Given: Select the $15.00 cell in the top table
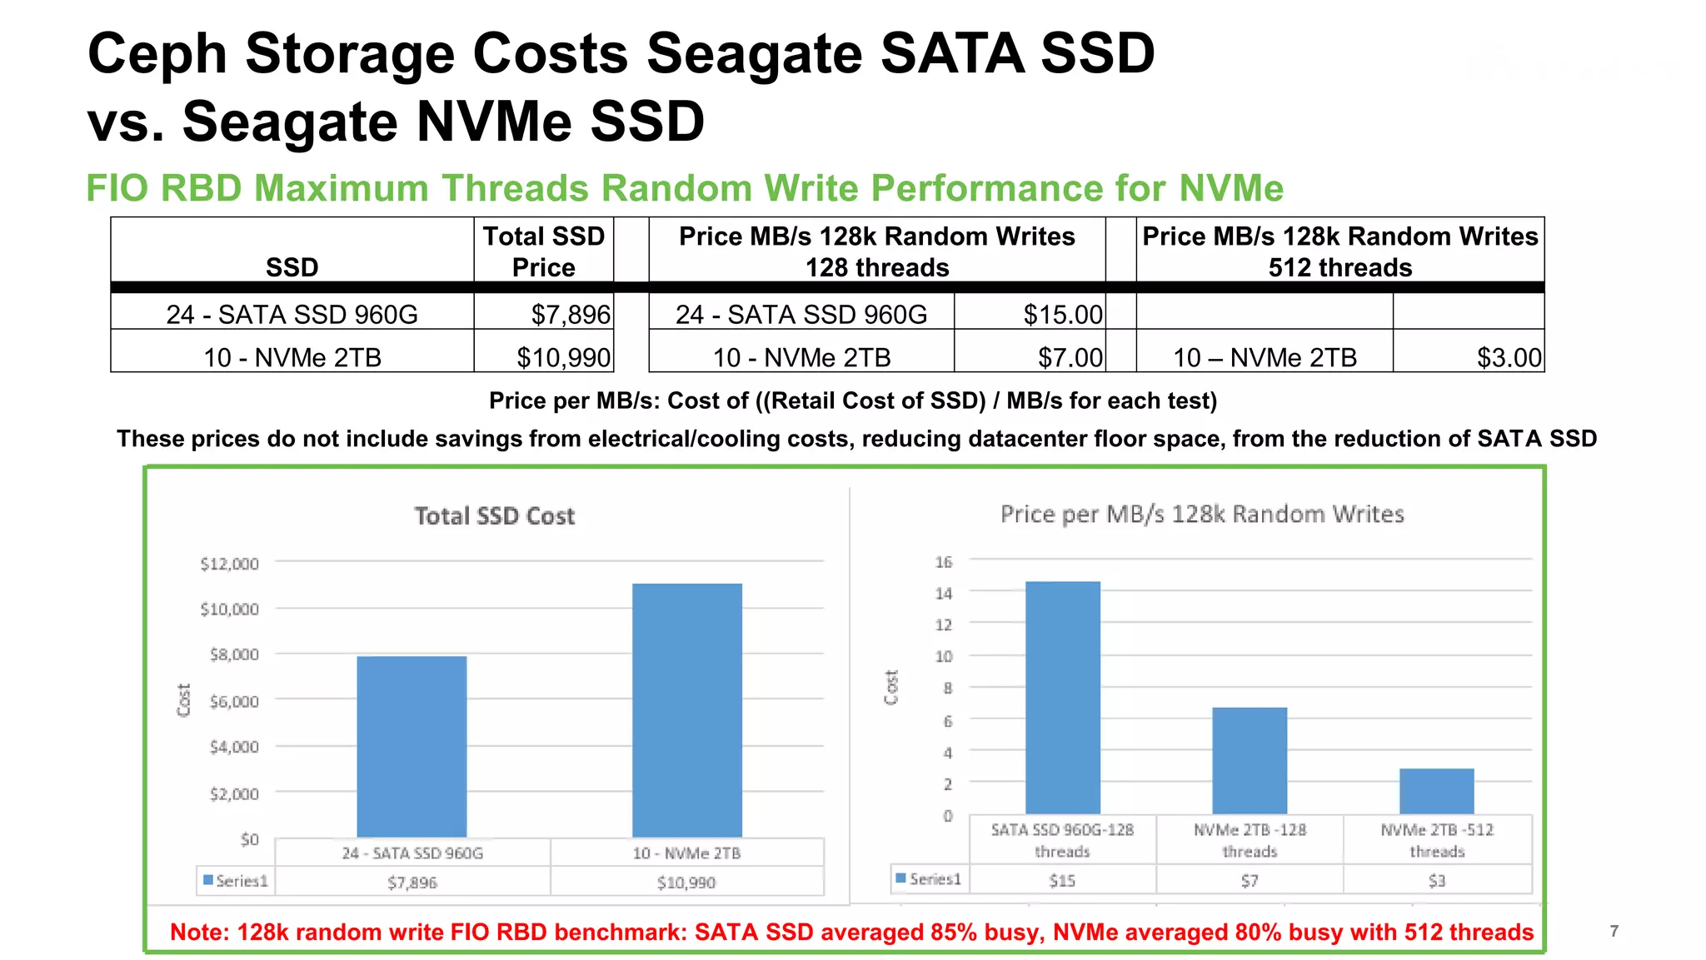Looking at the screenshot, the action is click(x=1062, y=315).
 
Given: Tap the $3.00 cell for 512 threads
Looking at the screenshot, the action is click(x=1509, y=358).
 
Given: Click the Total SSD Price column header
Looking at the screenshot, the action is click(x=543, y=251).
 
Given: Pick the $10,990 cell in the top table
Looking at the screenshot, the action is click(x=563, y=358).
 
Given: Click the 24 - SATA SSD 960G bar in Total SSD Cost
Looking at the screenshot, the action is click(x=412, y=747).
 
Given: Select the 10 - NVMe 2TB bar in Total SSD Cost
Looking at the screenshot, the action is click(x=686, y=710).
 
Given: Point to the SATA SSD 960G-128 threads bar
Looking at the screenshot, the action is click(x=1062, y=698).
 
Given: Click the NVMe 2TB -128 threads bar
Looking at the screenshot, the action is click(x=1249, y=760).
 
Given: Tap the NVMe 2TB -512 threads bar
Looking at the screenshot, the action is click(x=1436, y=791).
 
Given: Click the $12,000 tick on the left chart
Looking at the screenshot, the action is click(x=229, y=564).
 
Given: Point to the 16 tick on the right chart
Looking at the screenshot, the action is click(x=943, y=562).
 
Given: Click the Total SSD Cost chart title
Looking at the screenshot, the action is click(x=495, y=516).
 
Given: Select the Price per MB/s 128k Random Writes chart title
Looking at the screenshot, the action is click(x=1201, y=514).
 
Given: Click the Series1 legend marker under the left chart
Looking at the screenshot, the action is click(x=208, y=880).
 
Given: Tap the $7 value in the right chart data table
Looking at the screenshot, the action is click(x=1249, y=880).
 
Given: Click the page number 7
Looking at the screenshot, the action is click(x=1614, y=931).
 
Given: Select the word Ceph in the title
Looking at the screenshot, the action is click(x=157, y=53).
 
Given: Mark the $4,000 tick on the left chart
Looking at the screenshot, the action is click(x=234, y=747).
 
